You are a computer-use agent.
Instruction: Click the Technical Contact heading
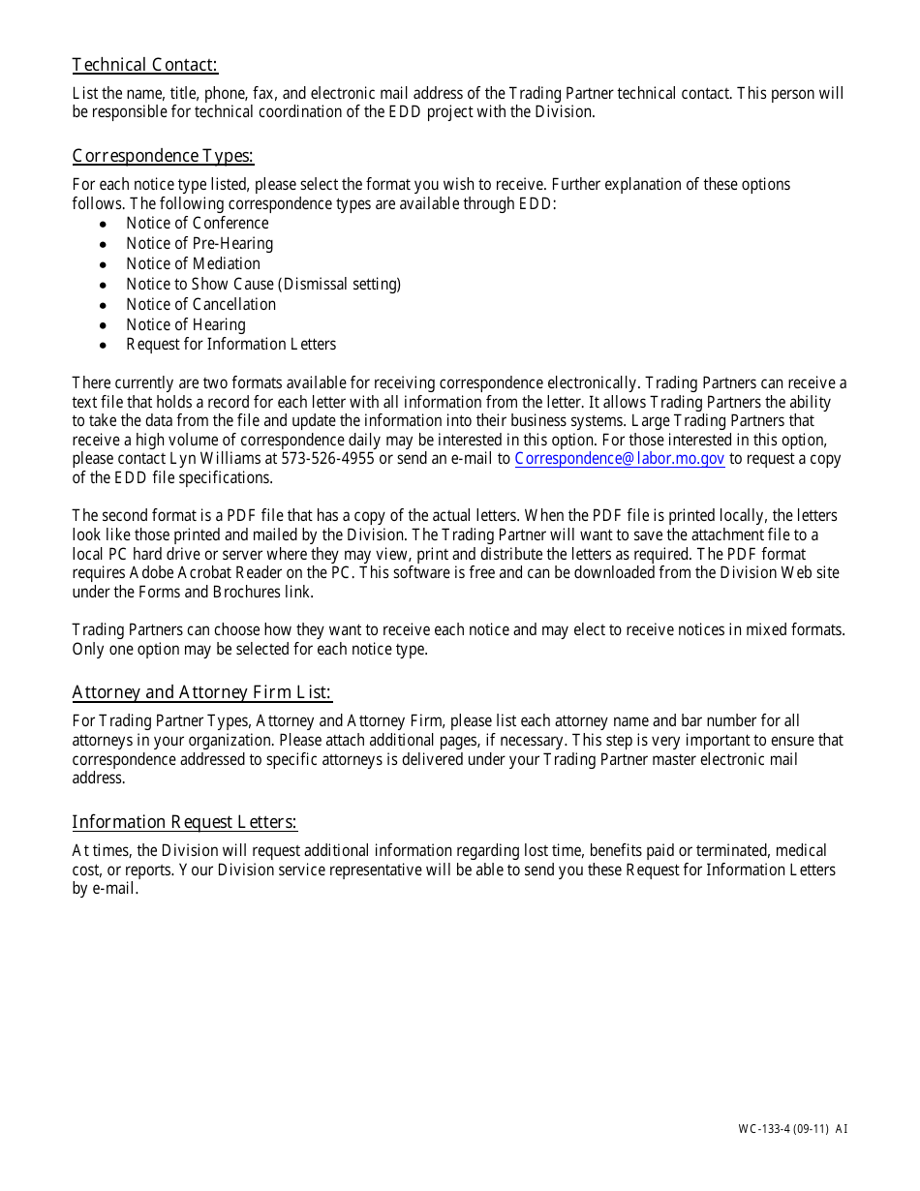point(145,65)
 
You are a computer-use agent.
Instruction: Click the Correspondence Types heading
point(163,156)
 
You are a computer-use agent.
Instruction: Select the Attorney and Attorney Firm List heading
point(201,692)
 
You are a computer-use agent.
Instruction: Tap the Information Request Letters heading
point(184,822)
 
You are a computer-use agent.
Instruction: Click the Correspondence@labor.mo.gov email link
point(620,459)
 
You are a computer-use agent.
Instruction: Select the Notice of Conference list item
point(197,224)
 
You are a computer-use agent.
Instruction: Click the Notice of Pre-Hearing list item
point(199,244)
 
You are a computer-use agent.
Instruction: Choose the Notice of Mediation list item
point(193,264)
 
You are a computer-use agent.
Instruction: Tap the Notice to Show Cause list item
point(262,285)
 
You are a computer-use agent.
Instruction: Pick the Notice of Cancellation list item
point(200,305)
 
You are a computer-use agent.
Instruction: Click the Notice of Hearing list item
point(185,325)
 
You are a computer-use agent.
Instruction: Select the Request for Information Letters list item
point(230,345)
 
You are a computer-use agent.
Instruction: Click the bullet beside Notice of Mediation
point(103,264)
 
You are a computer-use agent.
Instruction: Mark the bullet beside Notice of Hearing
point(103,325)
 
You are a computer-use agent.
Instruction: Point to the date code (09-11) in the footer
point(813,1129)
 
